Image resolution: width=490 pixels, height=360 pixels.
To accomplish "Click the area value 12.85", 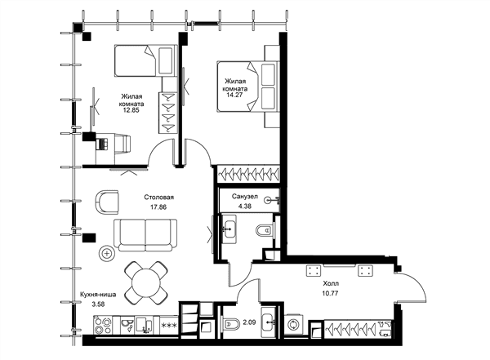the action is click(131, 110).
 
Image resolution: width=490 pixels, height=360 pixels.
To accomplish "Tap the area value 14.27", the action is click(235, 95).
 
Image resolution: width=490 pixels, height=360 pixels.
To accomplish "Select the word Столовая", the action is click(159, 198).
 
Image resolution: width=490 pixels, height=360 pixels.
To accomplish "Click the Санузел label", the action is click(245, 197).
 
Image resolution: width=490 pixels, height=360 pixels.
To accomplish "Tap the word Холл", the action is click(331, 284).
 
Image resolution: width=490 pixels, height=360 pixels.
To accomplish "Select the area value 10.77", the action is click(331, 293).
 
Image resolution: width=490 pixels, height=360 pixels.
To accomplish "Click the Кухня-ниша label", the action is click(98, 295).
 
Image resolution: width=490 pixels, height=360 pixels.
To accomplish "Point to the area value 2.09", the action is click(249, 322).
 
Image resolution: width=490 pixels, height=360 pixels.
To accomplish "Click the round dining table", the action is click(146, 283).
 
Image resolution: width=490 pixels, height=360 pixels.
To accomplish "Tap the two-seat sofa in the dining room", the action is click(145, 235).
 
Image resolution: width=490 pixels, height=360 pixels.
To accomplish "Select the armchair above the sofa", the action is click(106, 202).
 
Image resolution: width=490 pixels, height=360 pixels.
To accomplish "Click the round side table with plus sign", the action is click(107, 253).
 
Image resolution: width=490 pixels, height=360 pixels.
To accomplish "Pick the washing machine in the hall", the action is click(294, 325).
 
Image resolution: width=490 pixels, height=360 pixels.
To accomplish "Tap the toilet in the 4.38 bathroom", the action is click(265, 231).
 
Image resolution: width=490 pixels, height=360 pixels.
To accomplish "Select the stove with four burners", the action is click(103, 325).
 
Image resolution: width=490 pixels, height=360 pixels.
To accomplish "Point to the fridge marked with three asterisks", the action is click(169, 326).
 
